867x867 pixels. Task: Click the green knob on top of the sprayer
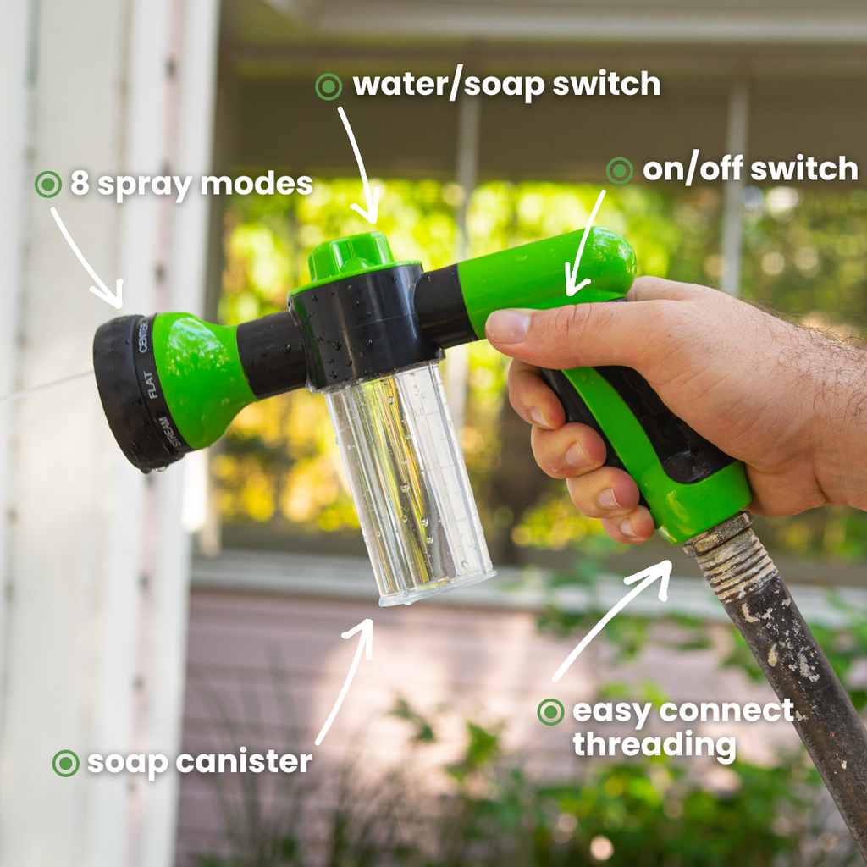coord(351,255)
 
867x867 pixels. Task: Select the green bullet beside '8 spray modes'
coord(48,184)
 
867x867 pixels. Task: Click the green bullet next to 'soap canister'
coord(65,763)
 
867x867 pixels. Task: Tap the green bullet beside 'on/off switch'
coord(620,170)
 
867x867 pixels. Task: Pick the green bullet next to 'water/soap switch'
coord(329,86)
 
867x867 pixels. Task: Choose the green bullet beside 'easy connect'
coord(551,712)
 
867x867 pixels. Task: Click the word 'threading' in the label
coord(653,746)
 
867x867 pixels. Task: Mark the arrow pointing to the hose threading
coord(610,618)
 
